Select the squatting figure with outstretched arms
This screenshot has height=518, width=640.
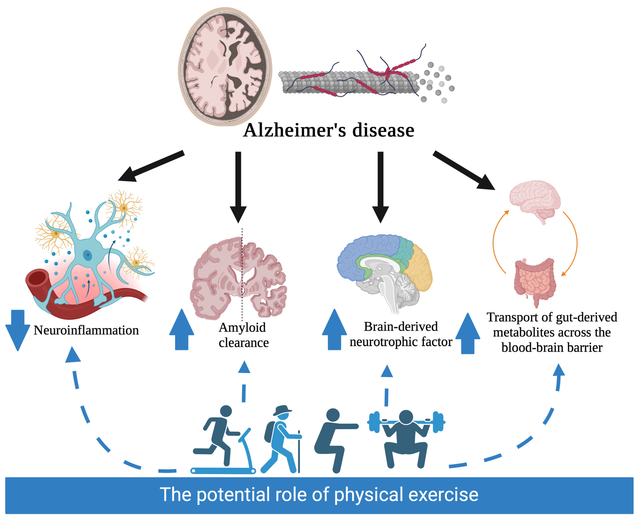click(x=333, y=439)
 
